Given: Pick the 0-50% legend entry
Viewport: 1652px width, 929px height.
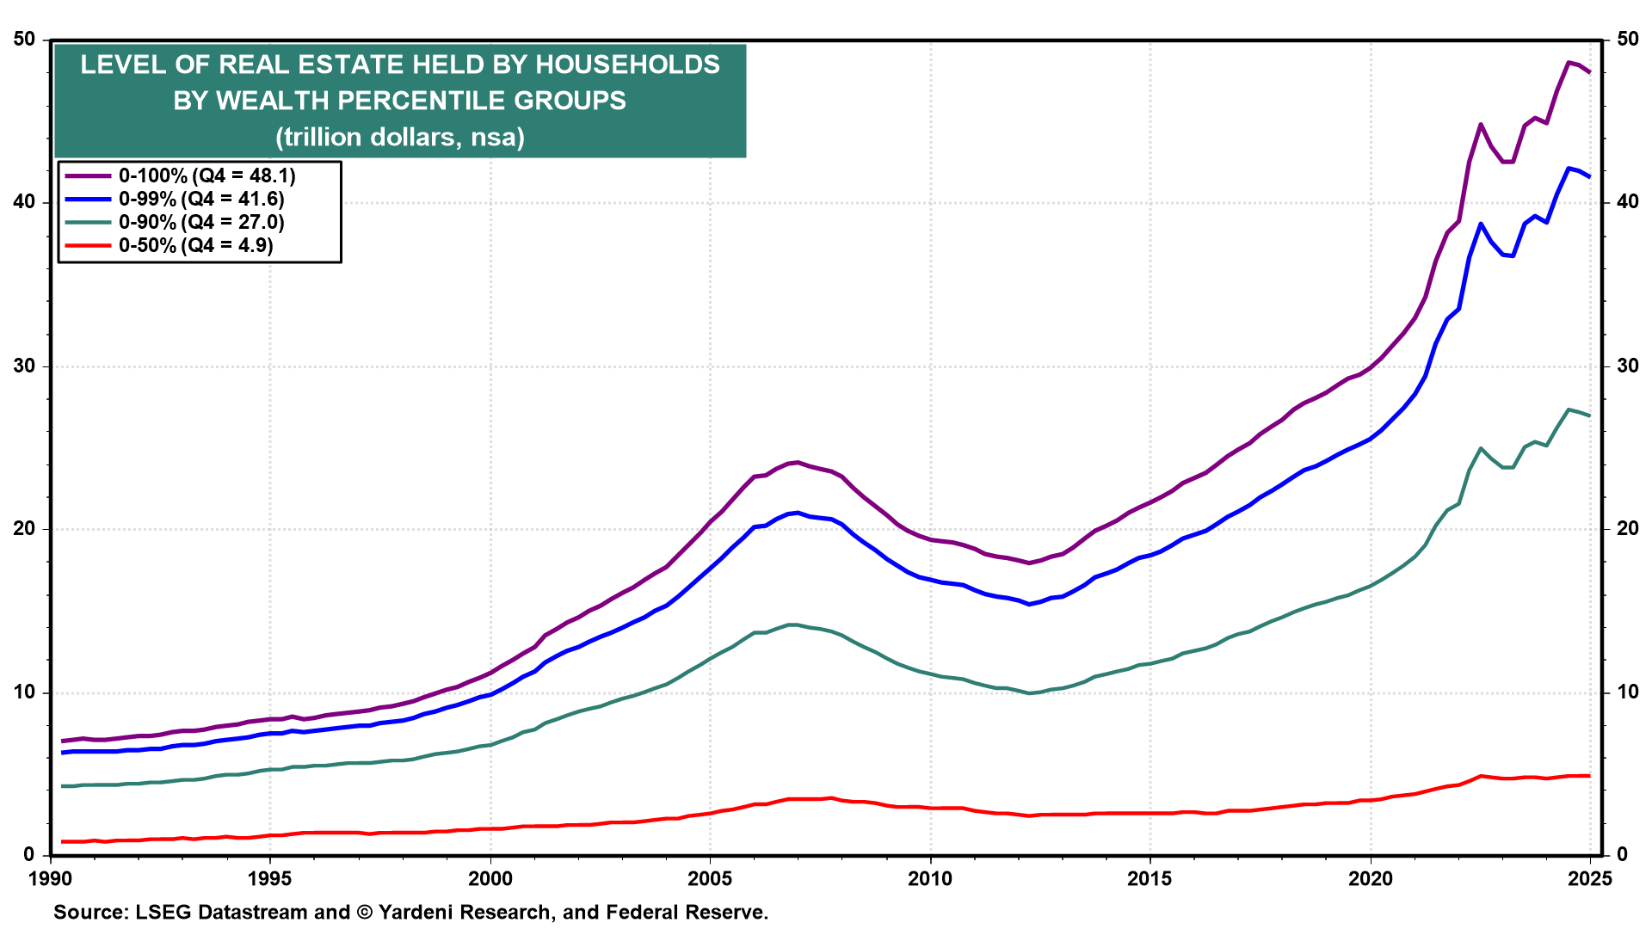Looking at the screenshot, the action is (x=170, y=245).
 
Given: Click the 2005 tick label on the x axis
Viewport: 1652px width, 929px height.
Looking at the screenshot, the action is (x=710, y=878).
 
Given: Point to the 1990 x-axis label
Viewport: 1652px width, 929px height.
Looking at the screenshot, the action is (x=51, y=878).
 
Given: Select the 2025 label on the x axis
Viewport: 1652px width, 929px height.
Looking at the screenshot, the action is (x=1590, y=878).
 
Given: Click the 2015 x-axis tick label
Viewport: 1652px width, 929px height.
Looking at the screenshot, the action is (x=1150, y=878).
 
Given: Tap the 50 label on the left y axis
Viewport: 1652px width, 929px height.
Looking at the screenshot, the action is (x=25, y=40).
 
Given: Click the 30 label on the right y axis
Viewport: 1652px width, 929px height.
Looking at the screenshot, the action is (x=1627, y=366).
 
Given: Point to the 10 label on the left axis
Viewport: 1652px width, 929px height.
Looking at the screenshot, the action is (x=25, y=692).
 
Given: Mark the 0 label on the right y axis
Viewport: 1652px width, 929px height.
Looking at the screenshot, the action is (x=1622, y=855).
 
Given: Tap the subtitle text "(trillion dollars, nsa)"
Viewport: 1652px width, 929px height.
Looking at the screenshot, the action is (x=400, y=137).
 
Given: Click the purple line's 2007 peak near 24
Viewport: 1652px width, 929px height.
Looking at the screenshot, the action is (x=798, y=462).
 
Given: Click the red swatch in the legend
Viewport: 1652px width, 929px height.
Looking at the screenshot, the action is (x=89, y=245).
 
